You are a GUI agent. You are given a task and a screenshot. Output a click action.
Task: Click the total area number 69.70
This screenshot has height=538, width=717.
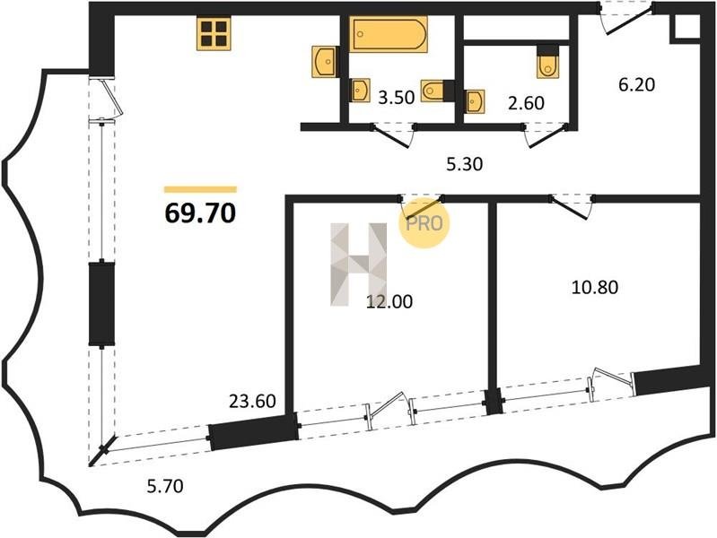point(200,213)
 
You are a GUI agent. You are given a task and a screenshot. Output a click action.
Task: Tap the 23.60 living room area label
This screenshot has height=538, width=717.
point(252,402)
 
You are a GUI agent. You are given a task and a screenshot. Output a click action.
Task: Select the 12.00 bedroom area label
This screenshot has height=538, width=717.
point(389,301)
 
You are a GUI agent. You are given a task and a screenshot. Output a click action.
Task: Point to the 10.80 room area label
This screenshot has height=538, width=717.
point(595,288)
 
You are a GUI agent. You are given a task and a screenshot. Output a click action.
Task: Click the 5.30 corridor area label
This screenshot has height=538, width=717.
point(465,164)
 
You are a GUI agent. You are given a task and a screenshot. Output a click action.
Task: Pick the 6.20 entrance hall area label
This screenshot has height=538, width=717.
point(637,84)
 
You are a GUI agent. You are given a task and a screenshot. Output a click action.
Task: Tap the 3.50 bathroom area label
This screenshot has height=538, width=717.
point(396,98)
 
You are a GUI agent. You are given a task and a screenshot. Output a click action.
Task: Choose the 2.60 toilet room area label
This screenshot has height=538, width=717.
point(527,103)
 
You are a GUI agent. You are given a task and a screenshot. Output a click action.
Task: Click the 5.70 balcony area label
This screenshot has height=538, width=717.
point(165,486)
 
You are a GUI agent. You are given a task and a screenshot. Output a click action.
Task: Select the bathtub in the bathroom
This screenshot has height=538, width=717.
point(389,34)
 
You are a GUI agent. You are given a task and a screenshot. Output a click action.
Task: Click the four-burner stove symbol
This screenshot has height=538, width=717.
point(214,33)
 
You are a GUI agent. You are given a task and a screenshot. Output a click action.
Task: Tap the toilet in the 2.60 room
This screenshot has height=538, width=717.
point(547,62)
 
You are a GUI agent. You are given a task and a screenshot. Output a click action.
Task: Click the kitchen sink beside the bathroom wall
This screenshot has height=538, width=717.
point(325,61)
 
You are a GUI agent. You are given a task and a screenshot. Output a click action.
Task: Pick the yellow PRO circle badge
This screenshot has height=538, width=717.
point(424,223)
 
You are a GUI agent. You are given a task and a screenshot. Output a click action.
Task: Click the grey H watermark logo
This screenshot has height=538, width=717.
point(359,265)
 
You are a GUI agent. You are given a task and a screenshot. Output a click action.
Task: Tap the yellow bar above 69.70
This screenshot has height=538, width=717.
point(201,189)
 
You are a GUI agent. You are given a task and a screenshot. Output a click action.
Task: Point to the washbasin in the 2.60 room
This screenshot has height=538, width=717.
point(475,101)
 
